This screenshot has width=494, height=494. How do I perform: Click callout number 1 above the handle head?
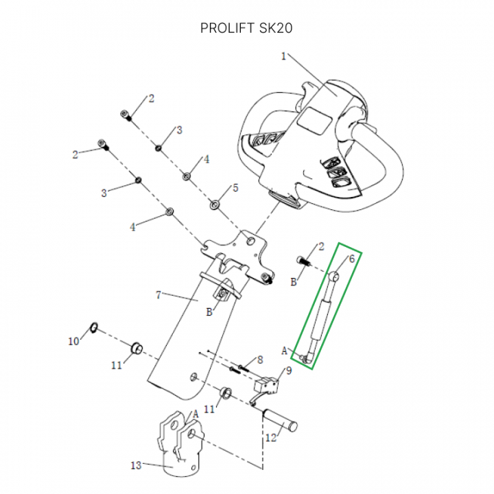point(284,57)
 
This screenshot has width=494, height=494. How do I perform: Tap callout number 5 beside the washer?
point(235,187)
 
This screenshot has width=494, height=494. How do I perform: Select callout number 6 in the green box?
point(352,259)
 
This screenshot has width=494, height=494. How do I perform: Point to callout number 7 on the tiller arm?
point(158,295)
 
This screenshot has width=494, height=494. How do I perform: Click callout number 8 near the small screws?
point(260,359)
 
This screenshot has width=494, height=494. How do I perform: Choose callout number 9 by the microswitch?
point(288,370)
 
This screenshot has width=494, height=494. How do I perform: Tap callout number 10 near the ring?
point(73,341)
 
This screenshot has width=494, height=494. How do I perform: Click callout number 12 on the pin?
point(270,436)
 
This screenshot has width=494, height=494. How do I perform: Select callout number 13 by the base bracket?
point(136,466)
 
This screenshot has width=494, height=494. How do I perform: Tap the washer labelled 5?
point(215,203)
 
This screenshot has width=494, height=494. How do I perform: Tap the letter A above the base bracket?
point(196,414)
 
